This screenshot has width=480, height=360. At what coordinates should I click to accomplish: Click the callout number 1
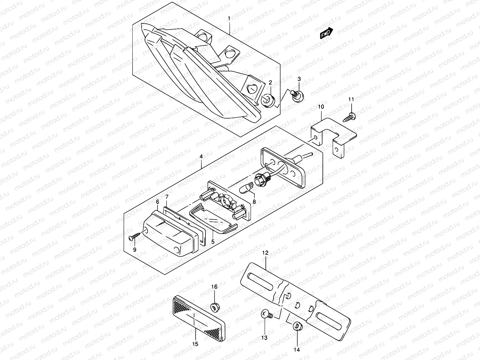coord(229,19)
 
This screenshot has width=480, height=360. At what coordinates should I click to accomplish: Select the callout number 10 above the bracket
coord(321,106)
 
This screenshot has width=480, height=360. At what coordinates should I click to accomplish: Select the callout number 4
coord(201,156)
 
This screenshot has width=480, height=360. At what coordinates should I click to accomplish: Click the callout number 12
coord(265,253)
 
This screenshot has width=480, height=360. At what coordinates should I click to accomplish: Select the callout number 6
coord(157,202)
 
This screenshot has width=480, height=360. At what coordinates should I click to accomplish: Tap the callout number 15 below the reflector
coord(195,344)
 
